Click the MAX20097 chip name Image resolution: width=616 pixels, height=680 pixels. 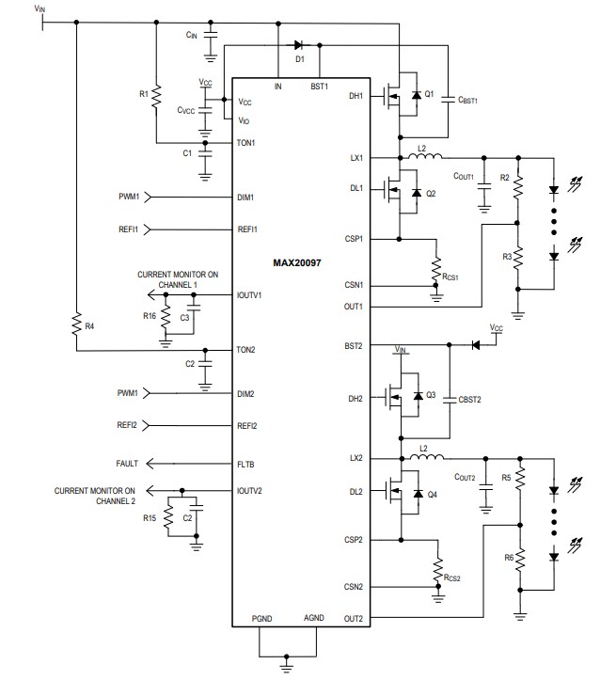tap(297, 262)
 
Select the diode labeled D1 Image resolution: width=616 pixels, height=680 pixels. tap(299, 44)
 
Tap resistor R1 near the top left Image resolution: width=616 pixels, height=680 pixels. tap(157, 95)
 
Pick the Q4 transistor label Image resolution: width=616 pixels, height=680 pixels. tap(432, 495)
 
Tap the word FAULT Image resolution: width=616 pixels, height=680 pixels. tap(128, 464)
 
